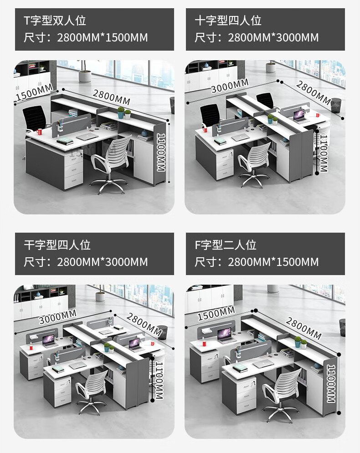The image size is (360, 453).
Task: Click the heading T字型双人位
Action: point(55,21)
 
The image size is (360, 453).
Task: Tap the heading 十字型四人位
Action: point(228,21)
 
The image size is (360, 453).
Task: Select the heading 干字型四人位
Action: point(57,245)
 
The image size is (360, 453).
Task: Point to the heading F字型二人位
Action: point(226,245)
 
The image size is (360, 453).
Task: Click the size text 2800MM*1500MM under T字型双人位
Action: point(103,37)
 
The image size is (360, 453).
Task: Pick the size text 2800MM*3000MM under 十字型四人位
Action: point(273,37)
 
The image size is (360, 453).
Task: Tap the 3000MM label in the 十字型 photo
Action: point(230,85)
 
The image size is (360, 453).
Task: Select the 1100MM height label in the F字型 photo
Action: point(331,383)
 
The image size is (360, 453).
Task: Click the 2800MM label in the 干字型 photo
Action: point(144,324)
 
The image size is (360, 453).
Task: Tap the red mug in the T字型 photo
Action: point(40,132)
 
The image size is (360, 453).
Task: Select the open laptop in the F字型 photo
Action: point(226,335)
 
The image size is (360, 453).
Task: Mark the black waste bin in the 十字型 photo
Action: point(336,105)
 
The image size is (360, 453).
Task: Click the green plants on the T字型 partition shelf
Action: point(124,112)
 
